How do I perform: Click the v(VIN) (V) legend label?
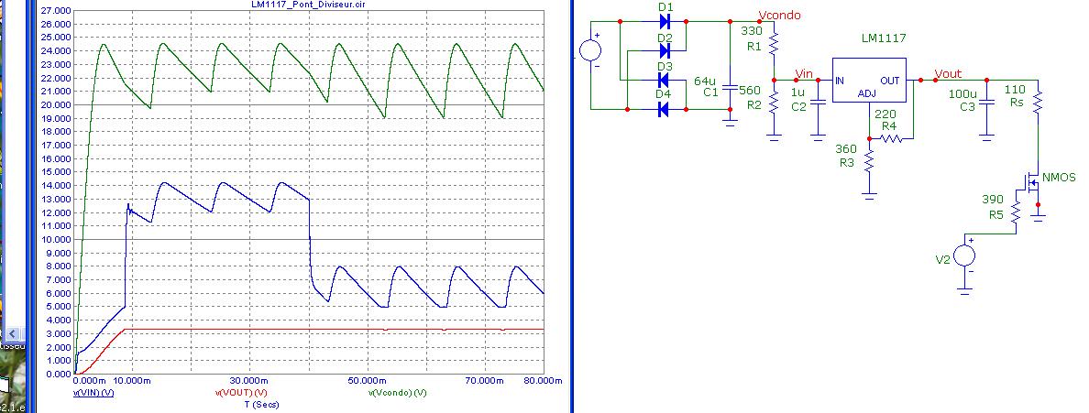pyautogui.click(x=93, y=393)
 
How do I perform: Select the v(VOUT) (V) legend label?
pyautogui.click(x=242, y=393)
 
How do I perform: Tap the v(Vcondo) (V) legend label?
pyautogui.click(x=398, y=393)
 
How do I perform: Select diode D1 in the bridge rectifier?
pyautogui.click(x=665, y=19)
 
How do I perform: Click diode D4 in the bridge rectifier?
pyautogui.click(x=665, y=110)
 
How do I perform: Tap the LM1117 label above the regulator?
pyautogui.click(x=881, y=39)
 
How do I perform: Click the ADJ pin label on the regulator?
pyautogui.click(x=867, y=93)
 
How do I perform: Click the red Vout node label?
pyautogui.click(x=948, y=72)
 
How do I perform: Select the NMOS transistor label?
pyautogui.click(x=1059, y=177)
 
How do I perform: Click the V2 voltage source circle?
pyautogui.click(x=964, y=255)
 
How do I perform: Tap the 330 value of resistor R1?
pyautogui.click(x=750, y=30)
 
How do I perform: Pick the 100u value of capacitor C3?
pyautogui.click(x=962, y=94)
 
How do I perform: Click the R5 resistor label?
pyautogui.click(x=995, y=214)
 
